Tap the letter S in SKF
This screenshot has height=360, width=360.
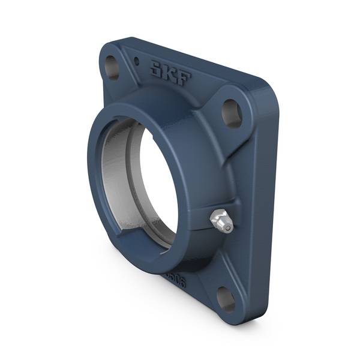point(157,69)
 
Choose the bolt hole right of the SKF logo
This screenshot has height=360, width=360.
point(232,112)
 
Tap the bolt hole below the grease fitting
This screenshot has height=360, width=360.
point(226,298)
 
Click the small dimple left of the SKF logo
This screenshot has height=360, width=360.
point(137,61)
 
